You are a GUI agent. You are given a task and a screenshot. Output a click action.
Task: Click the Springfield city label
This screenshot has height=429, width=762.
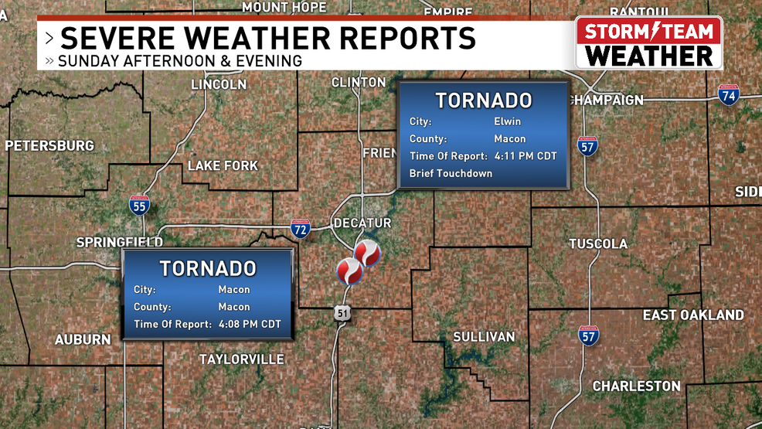tap(119, 243)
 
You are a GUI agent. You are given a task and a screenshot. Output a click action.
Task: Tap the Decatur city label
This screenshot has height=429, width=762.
tap(362, 223)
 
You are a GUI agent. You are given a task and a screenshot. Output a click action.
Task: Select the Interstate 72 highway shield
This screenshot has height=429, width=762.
tap(301, 228)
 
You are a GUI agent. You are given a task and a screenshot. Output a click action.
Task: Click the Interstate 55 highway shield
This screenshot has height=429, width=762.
tap(139, 206)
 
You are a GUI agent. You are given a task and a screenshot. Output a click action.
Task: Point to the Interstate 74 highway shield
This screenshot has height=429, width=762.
tap(728, 95)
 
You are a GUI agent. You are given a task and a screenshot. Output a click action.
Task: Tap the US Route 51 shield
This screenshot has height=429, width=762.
tap(342, 312)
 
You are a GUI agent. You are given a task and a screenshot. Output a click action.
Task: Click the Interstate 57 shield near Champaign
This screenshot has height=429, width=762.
tap(588, 146)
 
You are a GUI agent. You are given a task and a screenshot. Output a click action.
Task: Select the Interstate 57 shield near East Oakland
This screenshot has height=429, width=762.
tap(588, 335)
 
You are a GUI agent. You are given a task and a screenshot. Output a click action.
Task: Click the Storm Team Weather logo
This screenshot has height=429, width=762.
tap(648, 43)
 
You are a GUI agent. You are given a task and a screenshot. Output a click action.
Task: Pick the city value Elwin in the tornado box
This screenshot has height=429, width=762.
tap(507, 121)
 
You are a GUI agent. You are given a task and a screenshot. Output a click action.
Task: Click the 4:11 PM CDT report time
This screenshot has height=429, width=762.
tap(526, 156)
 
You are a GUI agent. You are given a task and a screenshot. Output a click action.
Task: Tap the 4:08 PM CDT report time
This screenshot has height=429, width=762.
tap(250, 324)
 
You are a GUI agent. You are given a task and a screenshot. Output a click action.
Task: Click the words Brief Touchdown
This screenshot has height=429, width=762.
tap(451, 173)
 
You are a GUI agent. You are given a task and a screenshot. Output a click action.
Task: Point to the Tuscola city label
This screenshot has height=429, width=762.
tap(598, 243)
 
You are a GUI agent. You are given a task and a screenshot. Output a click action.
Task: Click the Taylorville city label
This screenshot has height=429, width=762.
tap(241, 359)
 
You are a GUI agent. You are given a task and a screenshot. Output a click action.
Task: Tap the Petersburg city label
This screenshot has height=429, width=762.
tap(49, 145)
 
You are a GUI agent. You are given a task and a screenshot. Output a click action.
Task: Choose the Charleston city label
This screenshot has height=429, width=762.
tap(636, 386)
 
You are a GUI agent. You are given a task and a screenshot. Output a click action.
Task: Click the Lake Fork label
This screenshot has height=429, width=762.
tap(223, 165)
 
